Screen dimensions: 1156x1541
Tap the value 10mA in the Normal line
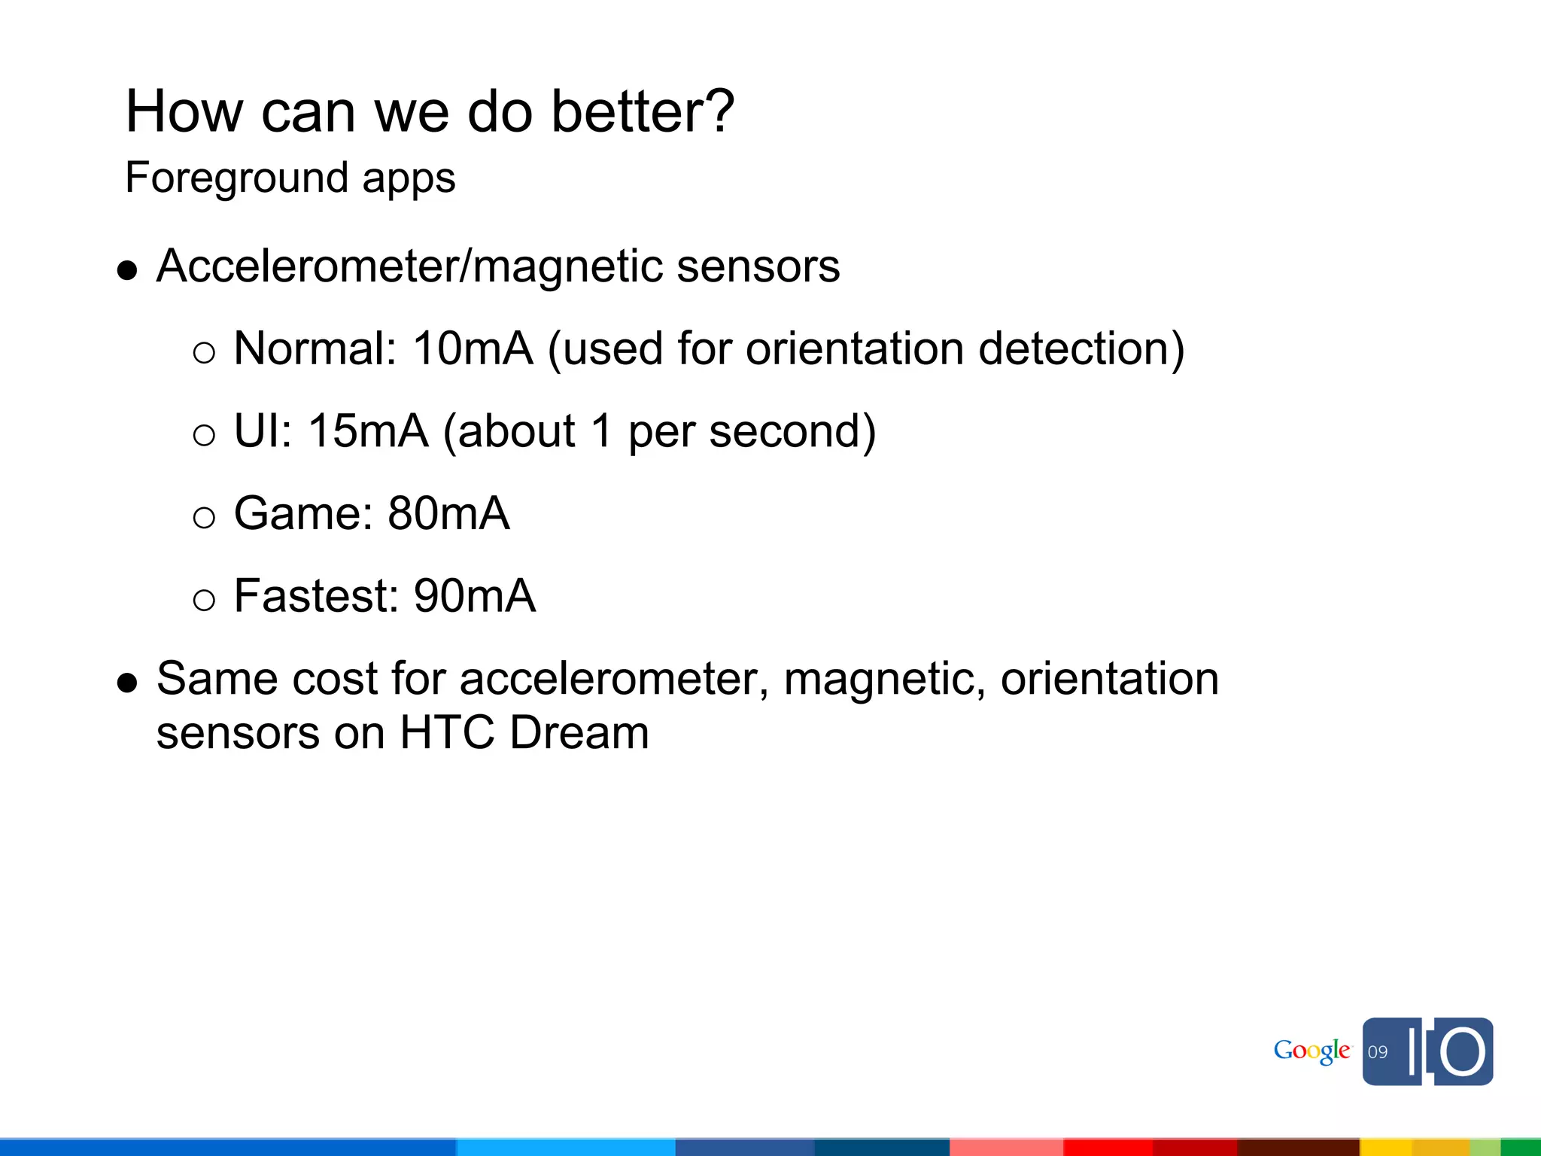point(473,349)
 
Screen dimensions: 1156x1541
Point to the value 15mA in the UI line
point(368,431)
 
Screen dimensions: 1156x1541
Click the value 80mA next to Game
point(448,514)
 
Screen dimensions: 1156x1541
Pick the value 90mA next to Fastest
point(474,596)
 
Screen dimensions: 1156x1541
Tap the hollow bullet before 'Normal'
point(204,352)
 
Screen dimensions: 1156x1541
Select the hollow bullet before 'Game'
point(204,517)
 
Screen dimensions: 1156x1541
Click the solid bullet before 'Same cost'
point(128,683)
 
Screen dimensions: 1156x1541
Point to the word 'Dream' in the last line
point(579,733)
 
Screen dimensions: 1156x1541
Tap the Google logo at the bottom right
point(1312,1051)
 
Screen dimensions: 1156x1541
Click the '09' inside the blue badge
point(1378,1052)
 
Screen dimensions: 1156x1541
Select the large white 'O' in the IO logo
point(1463,1051)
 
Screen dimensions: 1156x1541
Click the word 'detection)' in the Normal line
point(1081,349)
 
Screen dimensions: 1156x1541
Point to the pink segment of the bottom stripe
point(1006,1148)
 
